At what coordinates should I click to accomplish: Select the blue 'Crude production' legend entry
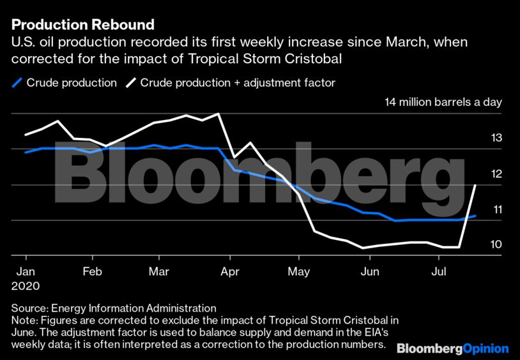(65, 83)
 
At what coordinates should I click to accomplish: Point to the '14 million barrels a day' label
(443, 102)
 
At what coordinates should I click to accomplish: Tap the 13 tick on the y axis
(496, 138)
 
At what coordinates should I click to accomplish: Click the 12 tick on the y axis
(496, 174)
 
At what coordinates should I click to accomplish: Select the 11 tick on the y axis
(496, 209)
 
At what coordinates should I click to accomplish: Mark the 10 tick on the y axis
(496, 245)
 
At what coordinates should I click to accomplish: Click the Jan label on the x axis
(25, 271)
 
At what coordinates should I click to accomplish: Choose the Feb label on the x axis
(93, 271)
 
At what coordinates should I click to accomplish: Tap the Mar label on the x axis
(158, 271)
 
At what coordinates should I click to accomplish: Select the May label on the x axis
(299, 271)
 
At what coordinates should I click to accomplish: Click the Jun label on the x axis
(368, 271)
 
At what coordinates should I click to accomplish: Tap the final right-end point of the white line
(475, 185)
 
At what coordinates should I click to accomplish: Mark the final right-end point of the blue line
(475, 216)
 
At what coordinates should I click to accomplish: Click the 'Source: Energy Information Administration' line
(114, 308)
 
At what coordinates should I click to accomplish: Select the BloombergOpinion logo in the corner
(452, 349)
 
